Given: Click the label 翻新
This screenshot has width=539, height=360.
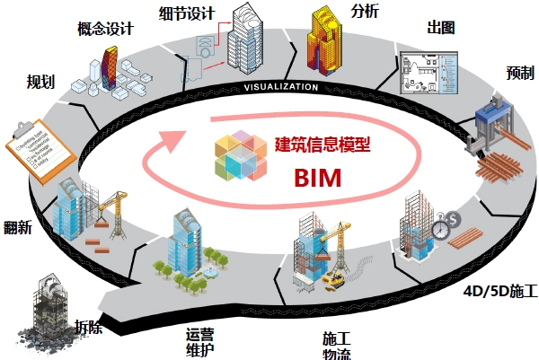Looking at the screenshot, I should coord(18,227).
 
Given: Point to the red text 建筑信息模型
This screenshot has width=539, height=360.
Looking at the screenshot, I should coord(323,143).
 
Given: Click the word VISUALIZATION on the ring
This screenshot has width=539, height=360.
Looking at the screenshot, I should coord(281,88).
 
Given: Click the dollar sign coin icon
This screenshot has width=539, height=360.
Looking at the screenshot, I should coord(455,217).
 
